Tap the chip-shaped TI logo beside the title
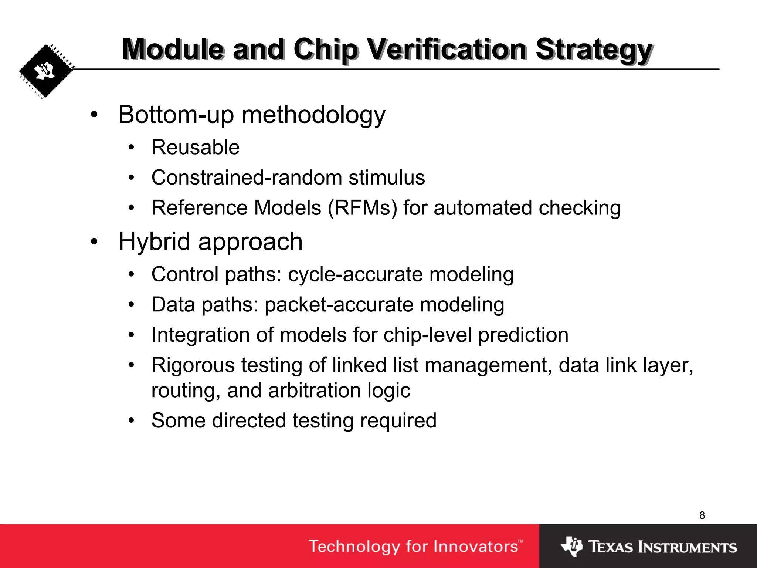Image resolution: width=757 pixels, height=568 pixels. (x=46, y=71)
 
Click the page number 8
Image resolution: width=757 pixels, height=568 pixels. (x=702, y=515)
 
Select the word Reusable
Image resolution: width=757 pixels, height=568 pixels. (x=196, y=148)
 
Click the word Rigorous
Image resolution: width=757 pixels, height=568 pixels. (x=193, y=365)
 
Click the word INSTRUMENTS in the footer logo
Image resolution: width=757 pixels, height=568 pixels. (x=688, y=547)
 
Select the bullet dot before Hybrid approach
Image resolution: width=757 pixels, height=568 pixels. (x=94, y=242)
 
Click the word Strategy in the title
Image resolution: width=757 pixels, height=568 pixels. (x=594, y=50)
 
